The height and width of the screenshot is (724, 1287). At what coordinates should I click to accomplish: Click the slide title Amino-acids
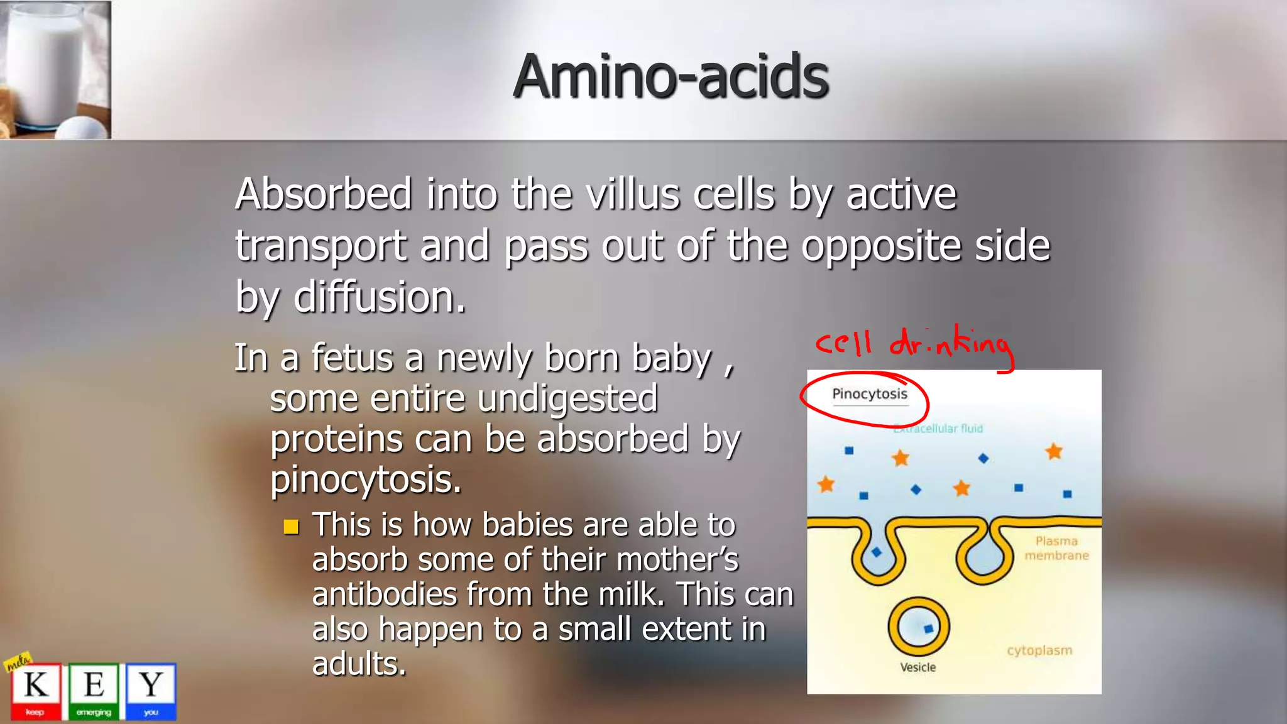coord(671,77)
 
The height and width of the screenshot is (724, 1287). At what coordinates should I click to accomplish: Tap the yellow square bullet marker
coord(291,527)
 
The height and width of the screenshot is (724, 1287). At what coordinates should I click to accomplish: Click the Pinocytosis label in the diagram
coord(870,394)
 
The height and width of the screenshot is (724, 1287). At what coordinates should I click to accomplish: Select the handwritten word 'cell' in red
coord(843,343)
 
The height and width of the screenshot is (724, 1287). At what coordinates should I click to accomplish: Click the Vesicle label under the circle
coord(917,667)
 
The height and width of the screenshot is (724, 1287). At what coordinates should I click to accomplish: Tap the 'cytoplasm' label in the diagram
coord(1039,650)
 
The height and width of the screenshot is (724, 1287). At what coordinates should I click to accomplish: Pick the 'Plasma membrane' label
coord(1056,548)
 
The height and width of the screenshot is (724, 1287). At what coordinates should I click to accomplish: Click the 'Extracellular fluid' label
coord(938,429)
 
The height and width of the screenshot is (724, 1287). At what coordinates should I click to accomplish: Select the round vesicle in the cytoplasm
coord(918,627)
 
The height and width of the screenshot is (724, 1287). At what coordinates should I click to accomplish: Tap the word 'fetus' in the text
coord(352,358)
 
